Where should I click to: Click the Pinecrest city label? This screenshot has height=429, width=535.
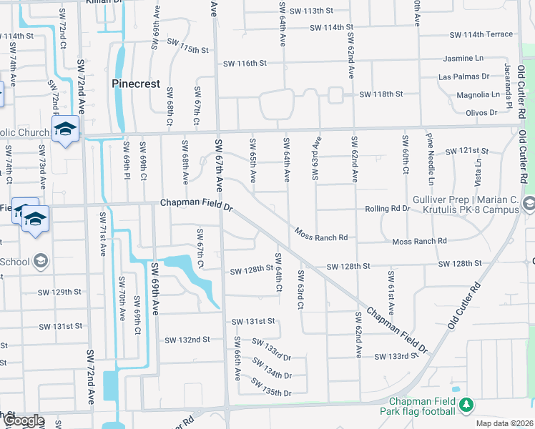click(136, 84)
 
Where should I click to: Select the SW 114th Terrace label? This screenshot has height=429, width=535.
click(481, 34)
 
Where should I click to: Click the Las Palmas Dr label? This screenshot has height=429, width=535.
click(464, 76)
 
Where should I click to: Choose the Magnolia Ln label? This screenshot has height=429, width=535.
click(478, 94)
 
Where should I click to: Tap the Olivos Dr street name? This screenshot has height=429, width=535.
click(481, 112)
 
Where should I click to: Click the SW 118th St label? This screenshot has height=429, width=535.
click(381, 94)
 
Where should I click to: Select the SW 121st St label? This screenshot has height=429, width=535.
click(466, 151)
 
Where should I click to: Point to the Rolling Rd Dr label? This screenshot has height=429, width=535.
click(387, 209)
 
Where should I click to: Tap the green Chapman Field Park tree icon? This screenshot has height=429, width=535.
click(466, 405)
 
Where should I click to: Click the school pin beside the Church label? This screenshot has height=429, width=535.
click(65, 129)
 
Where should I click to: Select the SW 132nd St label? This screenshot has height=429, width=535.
click(187, 339)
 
